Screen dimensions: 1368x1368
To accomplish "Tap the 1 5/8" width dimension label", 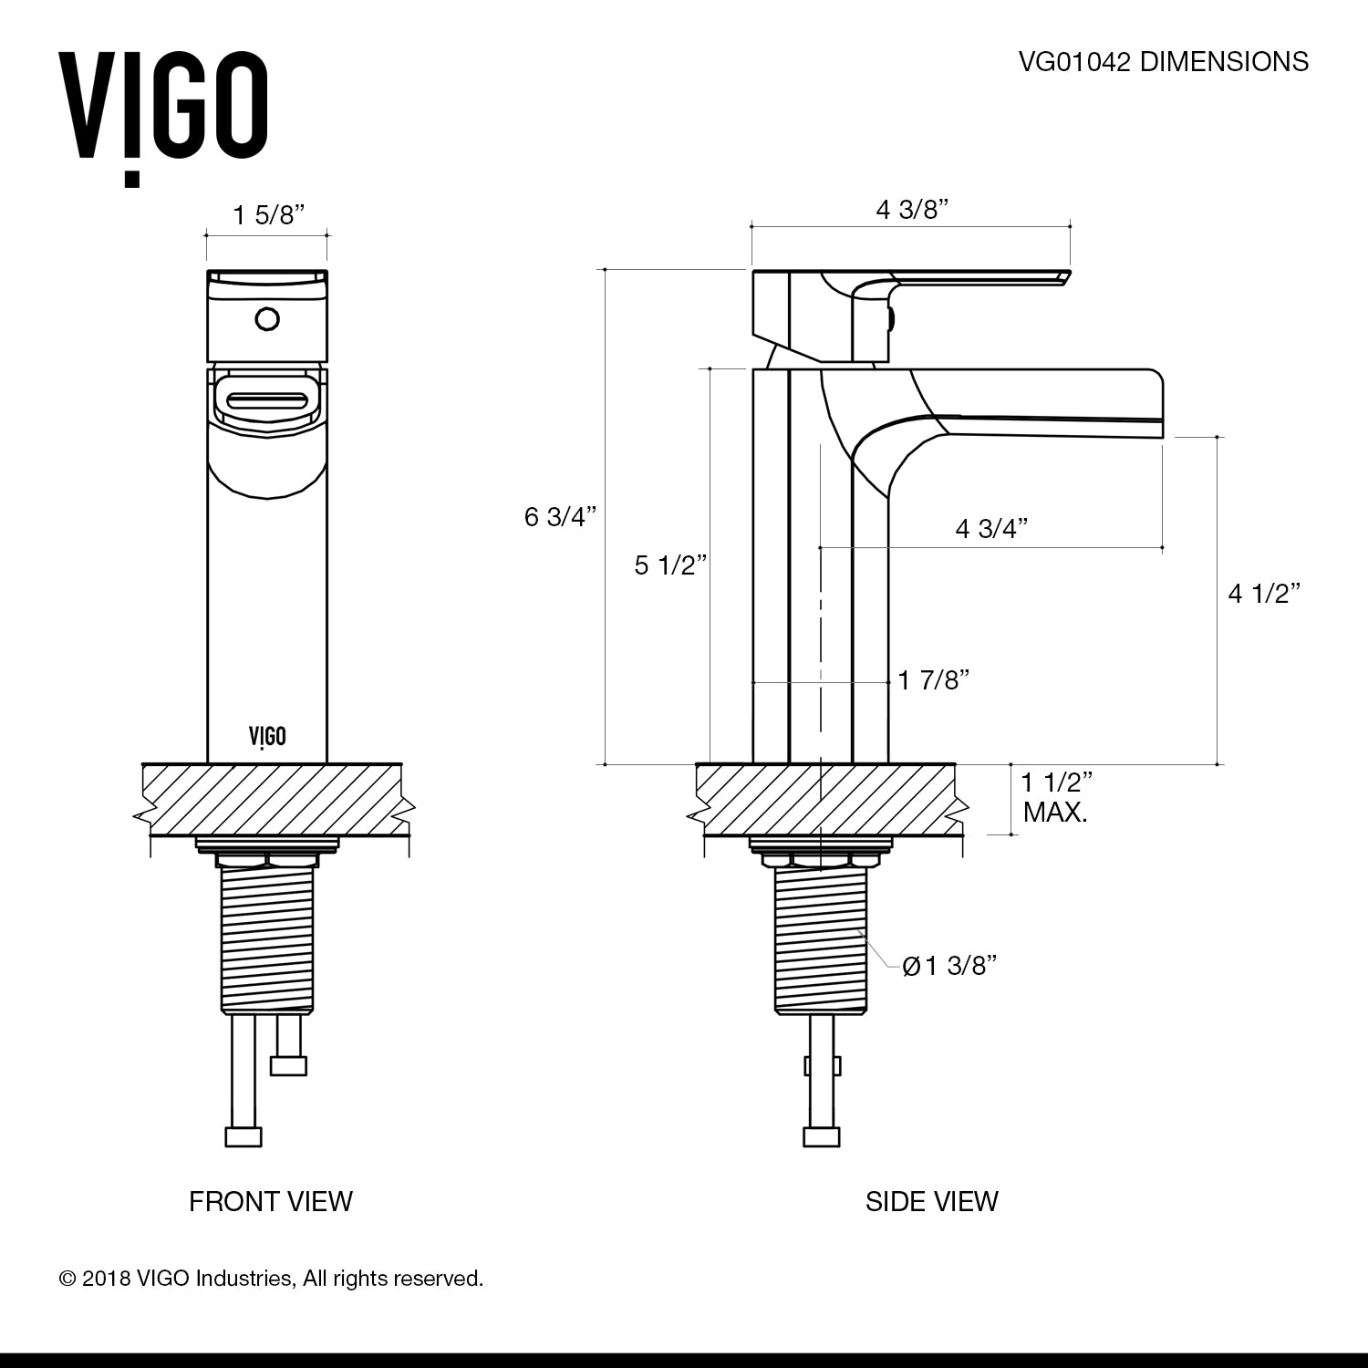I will [x=267, y=215].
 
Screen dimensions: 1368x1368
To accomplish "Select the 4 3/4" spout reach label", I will [x=991, y=528].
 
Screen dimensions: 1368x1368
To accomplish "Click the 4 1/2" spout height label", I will [x=1263, y=594].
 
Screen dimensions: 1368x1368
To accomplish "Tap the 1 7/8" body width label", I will [x=932, y=679].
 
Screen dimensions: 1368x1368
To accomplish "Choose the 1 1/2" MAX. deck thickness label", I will [x=1056, y=796].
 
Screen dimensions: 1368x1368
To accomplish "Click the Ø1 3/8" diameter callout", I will [x=948, y=966].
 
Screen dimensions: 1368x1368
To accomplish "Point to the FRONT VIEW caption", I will [x=270, y=1201].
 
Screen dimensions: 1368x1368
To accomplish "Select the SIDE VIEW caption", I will [x=931, y=1201].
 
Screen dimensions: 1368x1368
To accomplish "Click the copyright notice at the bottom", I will [x=271, y=1279].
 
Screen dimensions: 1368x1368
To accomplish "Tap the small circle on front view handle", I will [x=267, y=320].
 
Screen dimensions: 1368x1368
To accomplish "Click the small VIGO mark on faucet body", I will [x=267, y=736].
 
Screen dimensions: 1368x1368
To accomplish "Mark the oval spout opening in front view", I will [x=267, y=401].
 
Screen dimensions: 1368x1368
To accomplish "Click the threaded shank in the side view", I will [x=819, y=939].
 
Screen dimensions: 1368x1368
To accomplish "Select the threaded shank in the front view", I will [x=267, y=939].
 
